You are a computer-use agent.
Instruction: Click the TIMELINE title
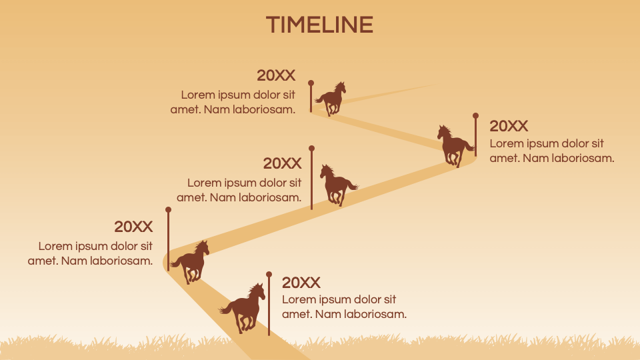[319, 25]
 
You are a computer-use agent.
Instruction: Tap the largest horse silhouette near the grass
[245, 307]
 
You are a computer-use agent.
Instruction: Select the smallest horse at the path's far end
[331, 99]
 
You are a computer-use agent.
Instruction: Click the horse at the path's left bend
[192, 261]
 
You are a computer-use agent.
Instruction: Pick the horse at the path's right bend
[454, 145]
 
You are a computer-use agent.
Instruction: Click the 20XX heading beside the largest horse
[301, 283]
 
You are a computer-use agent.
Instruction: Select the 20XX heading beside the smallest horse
[276, 75]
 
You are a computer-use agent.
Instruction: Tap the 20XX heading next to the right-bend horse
[509, 126]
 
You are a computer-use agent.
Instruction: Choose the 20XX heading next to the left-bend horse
[133, 227]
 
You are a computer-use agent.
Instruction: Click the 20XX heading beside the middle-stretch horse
[282, 163]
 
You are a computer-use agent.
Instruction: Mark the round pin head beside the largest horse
[269, 274]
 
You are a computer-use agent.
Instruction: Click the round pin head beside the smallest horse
[311, 83]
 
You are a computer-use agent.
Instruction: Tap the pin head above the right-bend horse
[475, 115]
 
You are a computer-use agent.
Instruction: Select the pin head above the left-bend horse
[169, 209]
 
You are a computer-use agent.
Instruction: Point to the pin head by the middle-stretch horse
[311, 148]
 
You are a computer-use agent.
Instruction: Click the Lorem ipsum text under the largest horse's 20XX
[344, 307]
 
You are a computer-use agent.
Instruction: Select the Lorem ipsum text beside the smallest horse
[233, 102]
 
